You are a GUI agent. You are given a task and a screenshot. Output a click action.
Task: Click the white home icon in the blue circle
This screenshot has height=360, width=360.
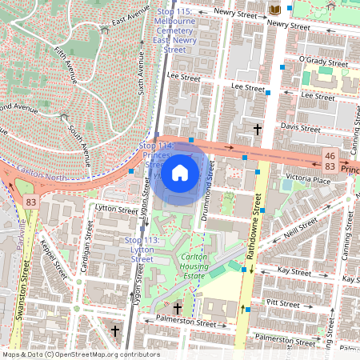tap(180, 172)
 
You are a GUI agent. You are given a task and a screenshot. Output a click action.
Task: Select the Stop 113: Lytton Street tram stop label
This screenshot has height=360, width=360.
tap(142, 250)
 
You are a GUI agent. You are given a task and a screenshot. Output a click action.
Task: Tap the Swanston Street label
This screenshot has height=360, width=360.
tap(26, 282)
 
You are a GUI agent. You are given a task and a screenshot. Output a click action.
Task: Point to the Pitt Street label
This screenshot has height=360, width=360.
tap(282, 304)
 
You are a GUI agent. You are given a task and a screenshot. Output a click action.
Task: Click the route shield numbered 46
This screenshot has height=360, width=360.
tap(330, 154)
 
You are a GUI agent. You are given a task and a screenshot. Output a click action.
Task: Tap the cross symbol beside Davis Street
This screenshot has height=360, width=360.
tap(258, 128)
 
